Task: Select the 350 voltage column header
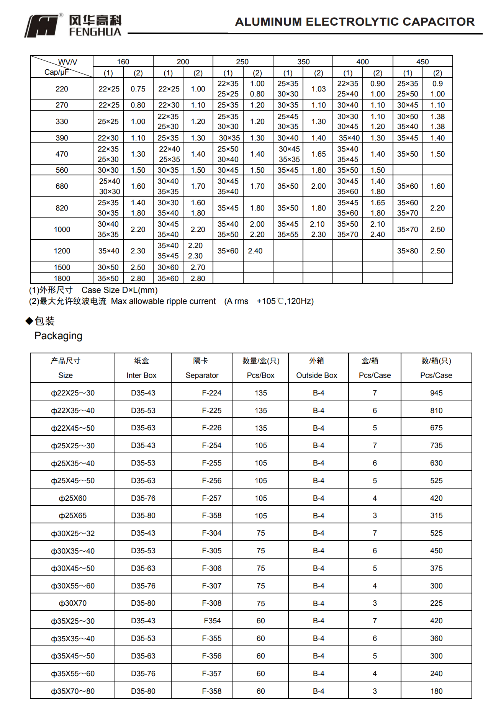coord(303,62)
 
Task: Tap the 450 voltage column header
coord(422,62)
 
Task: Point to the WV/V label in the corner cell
coord(67,62)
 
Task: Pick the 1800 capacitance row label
coord(62,278)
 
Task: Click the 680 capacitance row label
coord(62,186)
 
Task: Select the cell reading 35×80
coord(408,251)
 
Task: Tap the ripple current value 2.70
coord(198,267)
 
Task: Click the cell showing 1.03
coord(318,89)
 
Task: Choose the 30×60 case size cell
coord(168,267)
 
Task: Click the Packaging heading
coord(58,336)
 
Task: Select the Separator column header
coord(202,375)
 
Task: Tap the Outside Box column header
coord(316,375)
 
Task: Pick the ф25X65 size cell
coord(73,516)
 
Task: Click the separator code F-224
coord(211,393)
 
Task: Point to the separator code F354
coord(212,621)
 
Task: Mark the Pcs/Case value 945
coord(436,393)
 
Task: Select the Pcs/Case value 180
coord(436,691)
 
